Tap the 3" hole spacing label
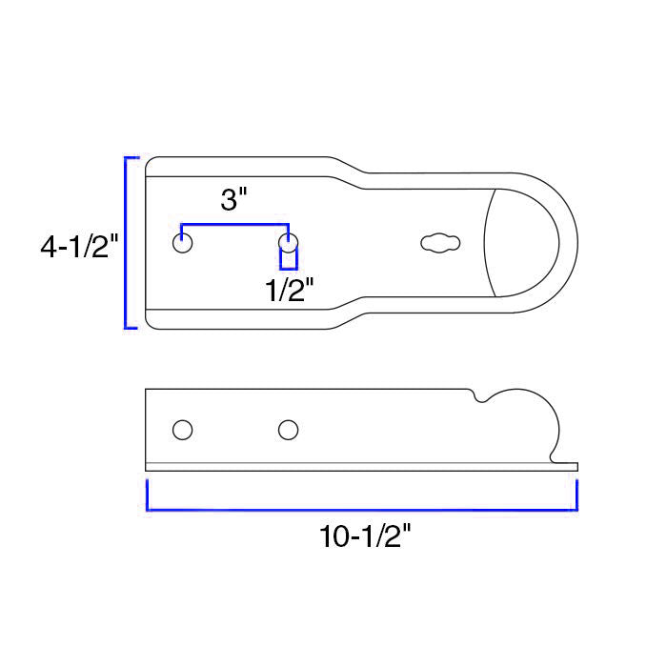click(233, 200)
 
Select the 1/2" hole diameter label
click(290, 289)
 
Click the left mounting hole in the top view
click(182, 242)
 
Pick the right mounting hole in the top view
click(288, 242)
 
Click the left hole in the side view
click(182, 430)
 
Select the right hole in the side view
click(288, 430)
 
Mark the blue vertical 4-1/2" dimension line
click(127, 243)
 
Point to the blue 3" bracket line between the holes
click(234, 225)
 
